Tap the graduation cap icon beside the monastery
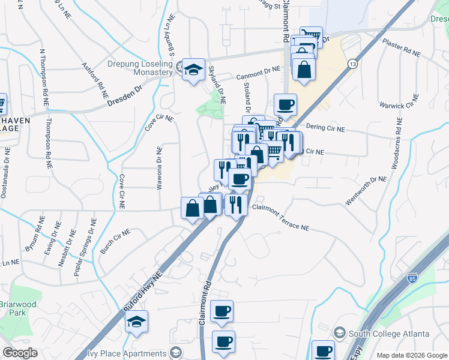[194, 70]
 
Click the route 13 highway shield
[352, 64]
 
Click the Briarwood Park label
[17, 308]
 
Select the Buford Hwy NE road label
[143, 291]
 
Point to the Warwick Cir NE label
[398, 106]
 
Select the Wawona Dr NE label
[160, 169]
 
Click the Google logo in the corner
[20, 353]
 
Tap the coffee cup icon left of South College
[323, 351]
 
